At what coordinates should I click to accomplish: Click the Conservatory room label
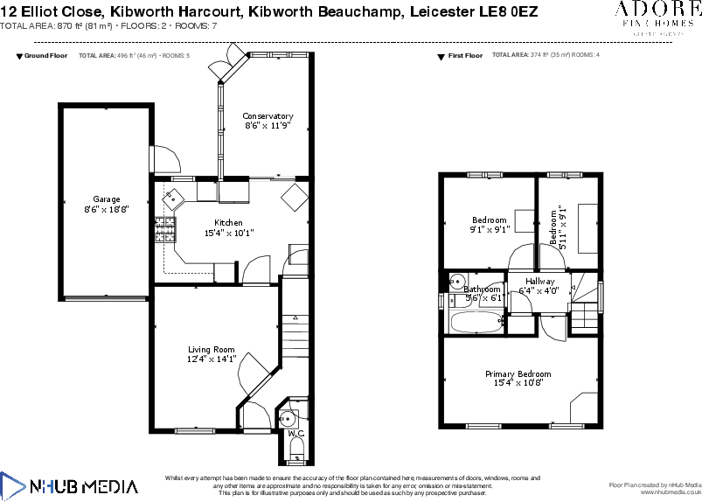pyautogui.click(x=268, y=116)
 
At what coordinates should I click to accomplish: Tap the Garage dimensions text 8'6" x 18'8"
pyautogui.click(x=107, y=209)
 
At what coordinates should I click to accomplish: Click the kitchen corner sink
pyautogui.click(x=172, y=198)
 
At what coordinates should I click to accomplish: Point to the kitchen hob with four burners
pyautogui.click(x=165, y=230)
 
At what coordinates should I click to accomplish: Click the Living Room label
pyautogui.click(x=212, y=349)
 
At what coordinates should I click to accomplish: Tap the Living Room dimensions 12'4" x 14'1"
pyautogui.click(x=212, y=359)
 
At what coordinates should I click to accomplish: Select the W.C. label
pyautogui.click(x=295, y=433)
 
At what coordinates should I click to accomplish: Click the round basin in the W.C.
pyautogui.click(x=290, y=415)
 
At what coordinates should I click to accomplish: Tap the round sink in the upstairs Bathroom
pyautogui.click(x=456, y=281)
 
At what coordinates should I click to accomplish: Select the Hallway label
pyautogui.click(x=539, y=281)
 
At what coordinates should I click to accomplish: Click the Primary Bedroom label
pyautogui.click(x=518, y=373)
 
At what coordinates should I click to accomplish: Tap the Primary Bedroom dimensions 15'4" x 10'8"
pyautogui.click(x=518, y=383)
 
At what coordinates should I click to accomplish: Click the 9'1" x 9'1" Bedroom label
pyautogui.click(x=489, y=220)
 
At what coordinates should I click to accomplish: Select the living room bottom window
pyautogui.click(x=194, y=429)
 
